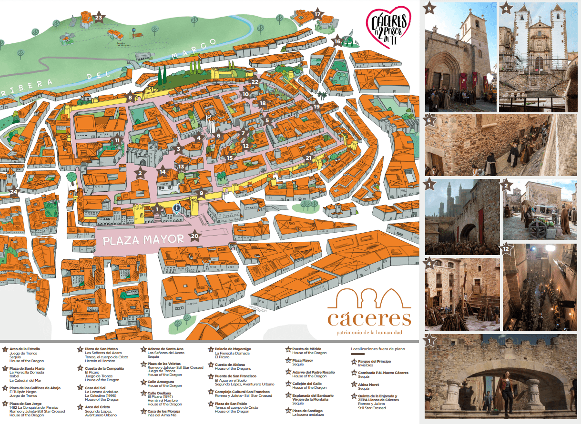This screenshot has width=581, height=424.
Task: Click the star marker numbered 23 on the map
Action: click(x=99, y=18)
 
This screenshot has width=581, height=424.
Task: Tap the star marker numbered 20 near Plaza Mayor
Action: click(x=194, y=236)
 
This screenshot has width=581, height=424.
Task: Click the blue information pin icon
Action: click(x=177, y=208)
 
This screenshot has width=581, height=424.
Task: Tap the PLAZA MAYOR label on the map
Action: click(x=143, y=239)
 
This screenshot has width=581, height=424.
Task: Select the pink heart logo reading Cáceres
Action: click(x=388, y=25)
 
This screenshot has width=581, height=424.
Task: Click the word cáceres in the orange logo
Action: click(x=369, y=318)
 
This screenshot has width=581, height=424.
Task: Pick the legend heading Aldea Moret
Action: click(x=368, y=385)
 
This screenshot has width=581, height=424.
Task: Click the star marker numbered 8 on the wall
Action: click(x=130, y=98)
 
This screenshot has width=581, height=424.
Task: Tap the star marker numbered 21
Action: click(x=308, y=158)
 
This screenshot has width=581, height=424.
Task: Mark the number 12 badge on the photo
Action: click(x=506, y=247)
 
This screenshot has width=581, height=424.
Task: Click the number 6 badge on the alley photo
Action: click(x=429, y=120)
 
